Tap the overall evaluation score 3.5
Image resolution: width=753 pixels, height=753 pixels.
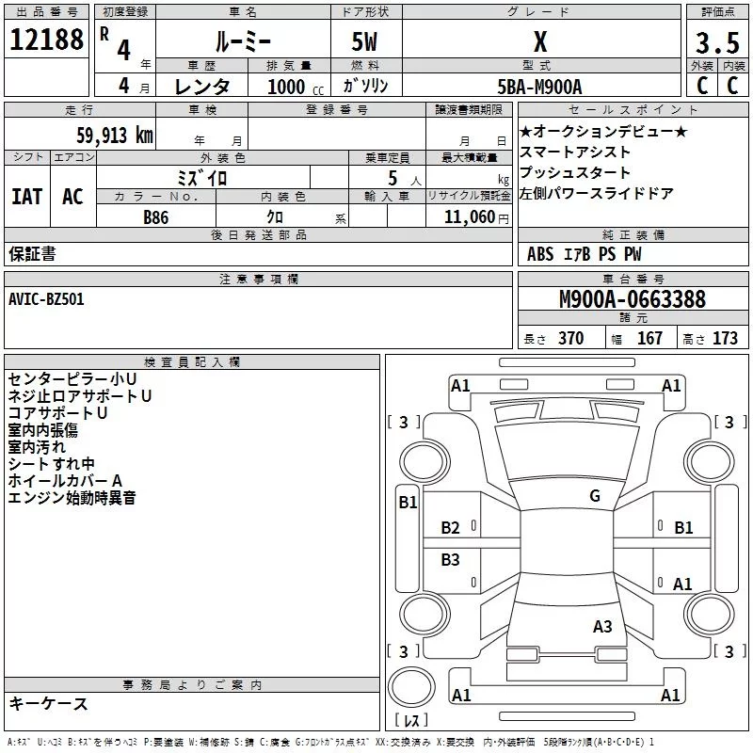click(717, 42)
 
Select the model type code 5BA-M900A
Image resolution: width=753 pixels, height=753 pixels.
click(539, 86)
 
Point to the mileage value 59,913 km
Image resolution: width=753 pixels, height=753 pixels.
click(103, 135)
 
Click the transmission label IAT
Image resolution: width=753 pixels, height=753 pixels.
click(26, 197)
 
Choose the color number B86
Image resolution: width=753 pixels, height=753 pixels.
click(156, 216)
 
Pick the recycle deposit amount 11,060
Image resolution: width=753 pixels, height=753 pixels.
click(468, 216)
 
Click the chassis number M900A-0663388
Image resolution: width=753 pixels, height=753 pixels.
click(632, 299)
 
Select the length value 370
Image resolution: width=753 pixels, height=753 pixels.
click(570, 339)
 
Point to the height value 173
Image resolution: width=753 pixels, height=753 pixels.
click(725, 339)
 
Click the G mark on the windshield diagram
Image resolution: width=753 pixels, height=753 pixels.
click(594, 496)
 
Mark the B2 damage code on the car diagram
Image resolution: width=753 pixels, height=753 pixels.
click(451, 528)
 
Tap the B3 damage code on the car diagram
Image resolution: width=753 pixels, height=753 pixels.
click(451, 560)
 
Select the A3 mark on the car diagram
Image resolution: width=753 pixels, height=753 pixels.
click(602, 627)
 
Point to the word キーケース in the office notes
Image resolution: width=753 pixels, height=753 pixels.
click(48, 704)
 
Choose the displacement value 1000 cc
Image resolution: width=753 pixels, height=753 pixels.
click(288, 86)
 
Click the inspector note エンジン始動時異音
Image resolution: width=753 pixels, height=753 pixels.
click(72, 498)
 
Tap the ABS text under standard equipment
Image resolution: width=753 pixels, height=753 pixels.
click(540, 253)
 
